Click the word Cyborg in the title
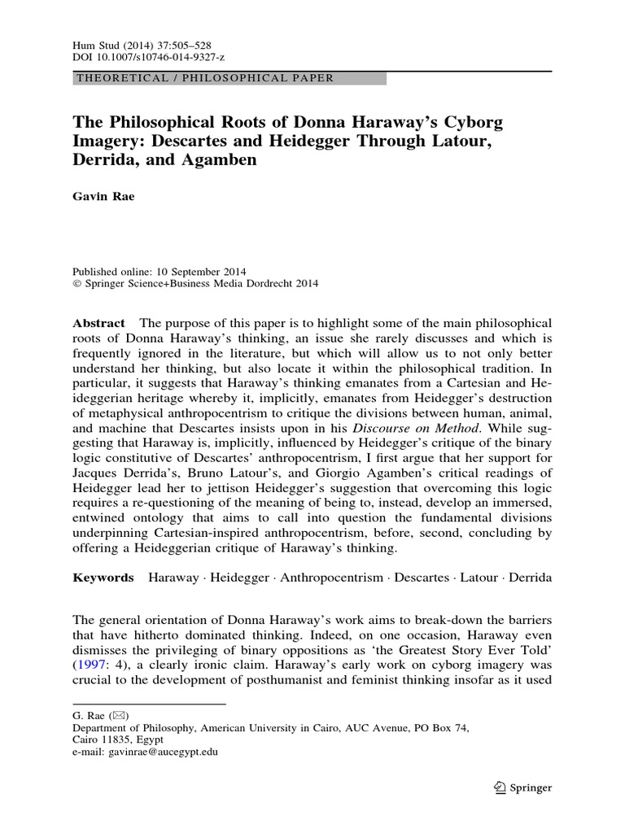click(x=474, y=123)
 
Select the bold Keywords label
click(x=103, y=577)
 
